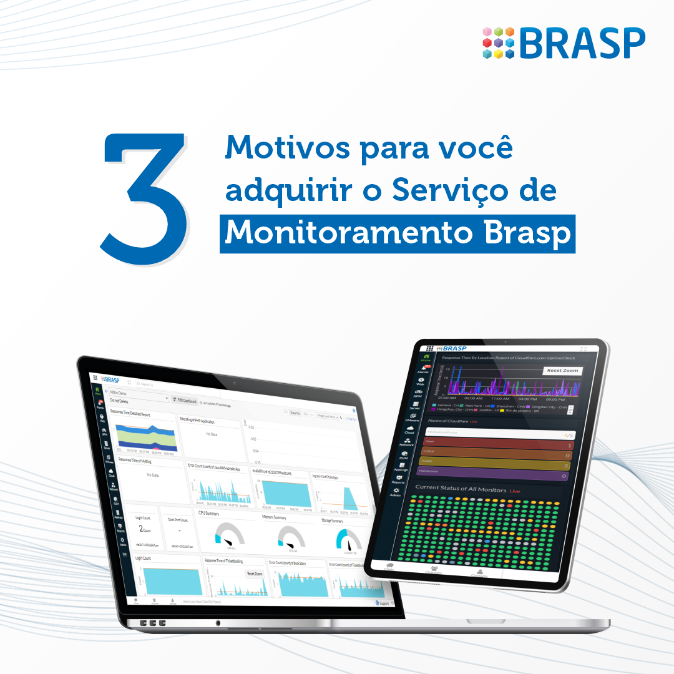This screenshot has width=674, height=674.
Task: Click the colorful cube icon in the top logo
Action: click(x=499, y=42)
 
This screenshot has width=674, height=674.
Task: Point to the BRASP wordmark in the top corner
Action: click(x=582, y=42)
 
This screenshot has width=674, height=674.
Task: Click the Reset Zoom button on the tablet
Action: click(x=562, y=370)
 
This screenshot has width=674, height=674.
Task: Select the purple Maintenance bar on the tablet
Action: click(x=497, y=476)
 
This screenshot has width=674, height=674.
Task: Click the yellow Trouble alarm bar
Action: click(x=497, y=465)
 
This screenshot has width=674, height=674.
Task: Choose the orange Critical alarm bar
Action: click(x=497, y=454)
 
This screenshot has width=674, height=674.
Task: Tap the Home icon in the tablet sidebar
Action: click(x=426, y=358)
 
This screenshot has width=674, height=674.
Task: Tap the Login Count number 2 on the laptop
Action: click(x=141, y=529)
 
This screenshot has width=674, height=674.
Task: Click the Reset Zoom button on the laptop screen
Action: click(x=255, y=573)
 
